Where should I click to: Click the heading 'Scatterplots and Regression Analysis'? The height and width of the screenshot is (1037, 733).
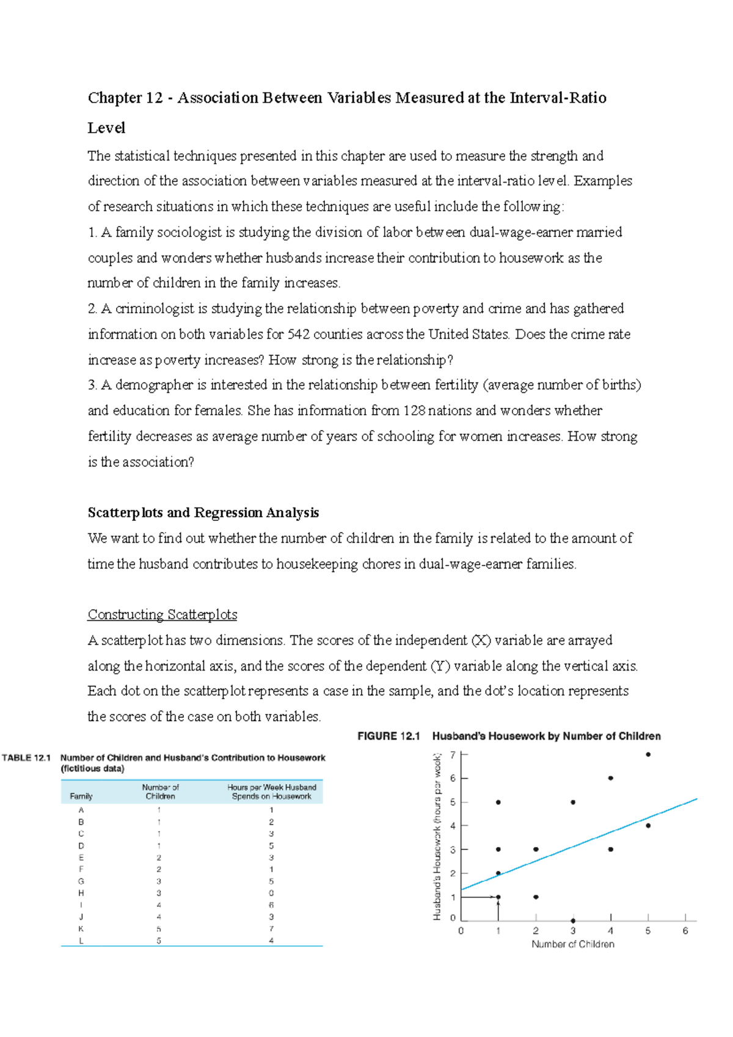pos(203,512)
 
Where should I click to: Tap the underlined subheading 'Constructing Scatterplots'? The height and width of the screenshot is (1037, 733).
pos(162,614)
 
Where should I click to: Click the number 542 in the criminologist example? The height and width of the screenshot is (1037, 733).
pos(298,334)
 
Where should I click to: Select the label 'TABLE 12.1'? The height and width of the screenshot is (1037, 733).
pos(26,758)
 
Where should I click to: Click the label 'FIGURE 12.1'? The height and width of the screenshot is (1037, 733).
pos(388,736)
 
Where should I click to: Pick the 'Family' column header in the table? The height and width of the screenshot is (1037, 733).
pos(81,796)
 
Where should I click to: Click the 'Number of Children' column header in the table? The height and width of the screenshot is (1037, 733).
pos(160,791)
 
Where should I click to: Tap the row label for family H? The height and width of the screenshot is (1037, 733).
pos(81,893)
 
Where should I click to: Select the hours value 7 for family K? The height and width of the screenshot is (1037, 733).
pos(271,929)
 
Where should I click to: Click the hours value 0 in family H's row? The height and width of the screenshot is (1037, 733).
pos(271,893)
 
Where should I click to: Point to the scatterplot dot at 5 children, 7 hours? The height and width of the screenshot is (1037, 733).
pos(648,754)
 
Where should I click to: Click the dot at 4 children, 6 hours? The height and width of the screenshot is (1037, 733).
pos(611,778)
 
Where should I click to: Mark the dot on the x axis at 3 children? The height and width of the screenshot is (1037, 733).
pos(573,920)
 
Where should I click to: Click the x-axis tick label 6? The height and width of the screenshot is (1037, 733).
pos(685,931)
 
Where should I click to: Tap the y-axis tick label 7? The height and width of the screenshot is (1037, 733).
pos(453,755)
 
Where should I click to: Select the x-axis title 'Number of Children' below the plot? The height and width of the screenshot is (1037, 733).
pos(573,944)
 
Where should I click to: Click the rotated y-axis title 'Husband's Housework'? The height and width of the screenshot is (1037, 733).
pos(437,837)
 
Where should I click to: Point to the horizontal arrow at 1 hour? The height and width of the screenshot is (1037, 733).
pos(480,897)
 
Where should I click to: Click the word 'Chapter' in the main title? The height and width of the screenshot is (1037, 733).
pos(115,98)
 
